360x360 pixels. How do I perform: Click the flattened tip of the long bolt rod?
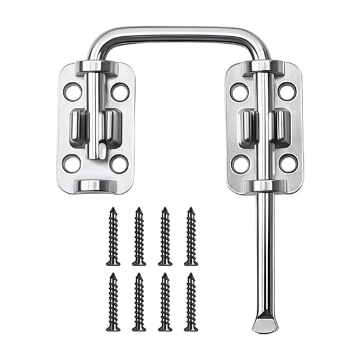coord(264,323)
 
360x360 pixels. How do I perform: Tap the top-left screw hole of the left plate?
coord(72,92)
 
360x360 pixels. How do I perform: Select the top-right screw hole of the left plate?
coord(119,92)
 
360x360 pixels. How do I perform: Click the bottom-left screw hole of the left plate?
coord(72,164)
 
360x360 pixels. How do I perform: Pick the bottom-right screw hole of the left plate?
coord(119,164)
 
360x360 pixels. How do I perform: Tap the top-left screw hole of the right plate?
coord(239,92)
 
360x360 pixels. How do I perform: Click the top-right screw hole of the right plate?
coord(287,92)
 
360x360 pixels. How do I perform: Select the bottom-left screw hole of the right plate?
coord(240,164)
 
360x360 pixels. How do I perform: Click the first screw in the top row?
coord(113,236)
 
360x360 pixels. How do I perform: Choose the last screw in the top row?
coord(191,236)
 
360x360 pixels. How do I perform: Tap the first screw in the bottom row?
coord(113,302)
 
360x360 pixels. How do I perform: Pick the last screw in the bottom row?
coord(191,302)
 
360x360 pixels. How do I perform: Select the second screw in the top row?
coord(139,236)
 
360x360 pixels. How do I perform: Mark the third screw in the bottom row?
coord(165,302)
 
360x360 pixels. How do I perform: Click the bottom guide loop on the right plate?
coord(264,186)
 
